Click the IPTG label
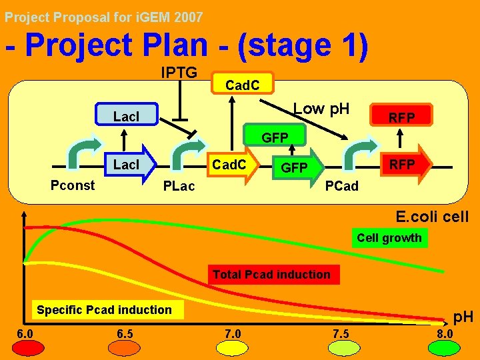179,72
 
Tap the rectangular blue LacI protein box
126,116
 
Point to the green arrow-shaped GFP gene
297,167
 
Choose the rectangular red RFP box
402,117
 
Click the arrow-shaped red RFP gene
404,164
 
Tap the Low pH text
321,109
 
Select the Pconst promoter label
73,185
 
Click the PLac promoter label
179,186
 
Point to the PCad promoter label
341,186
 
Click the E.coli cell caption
431,217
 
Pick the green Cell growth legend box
389,238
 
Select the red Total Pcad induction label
271,274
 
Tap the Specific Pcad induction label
104,309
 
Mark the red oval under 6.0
27,347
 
